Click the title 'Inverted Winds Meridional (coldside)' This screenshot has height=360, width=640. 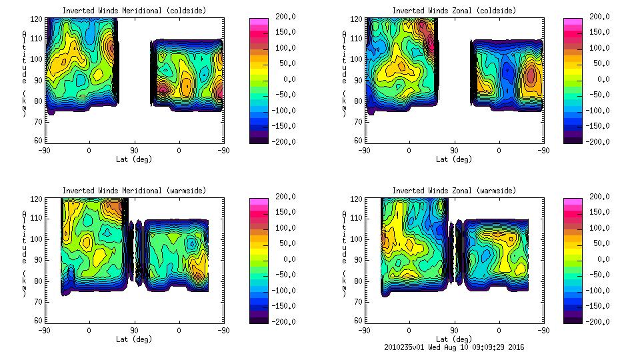(134, 11)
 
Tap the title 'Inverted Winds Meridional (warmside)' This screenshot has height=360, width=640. (134, 191)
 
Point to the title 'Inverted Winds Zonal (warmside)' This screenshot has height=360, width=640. (454, 191)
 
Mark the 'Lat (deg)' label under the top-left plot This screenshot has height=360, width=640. (134, 159)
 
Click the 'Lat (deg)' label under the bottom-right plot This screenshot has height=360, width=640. (454, 339)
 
